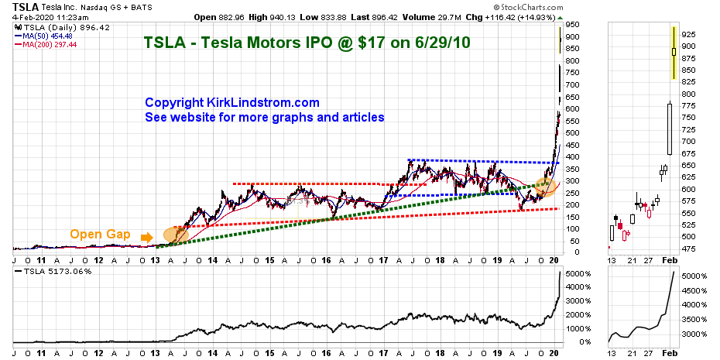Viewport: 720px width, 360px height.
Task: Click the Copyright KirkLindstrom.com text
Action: coord(232,102)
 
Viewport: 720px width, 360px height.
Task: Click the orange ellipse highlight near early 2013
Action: coord(175,234)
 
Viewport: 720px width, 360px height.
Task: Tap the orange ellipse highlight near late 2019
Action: coord(545,186)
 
